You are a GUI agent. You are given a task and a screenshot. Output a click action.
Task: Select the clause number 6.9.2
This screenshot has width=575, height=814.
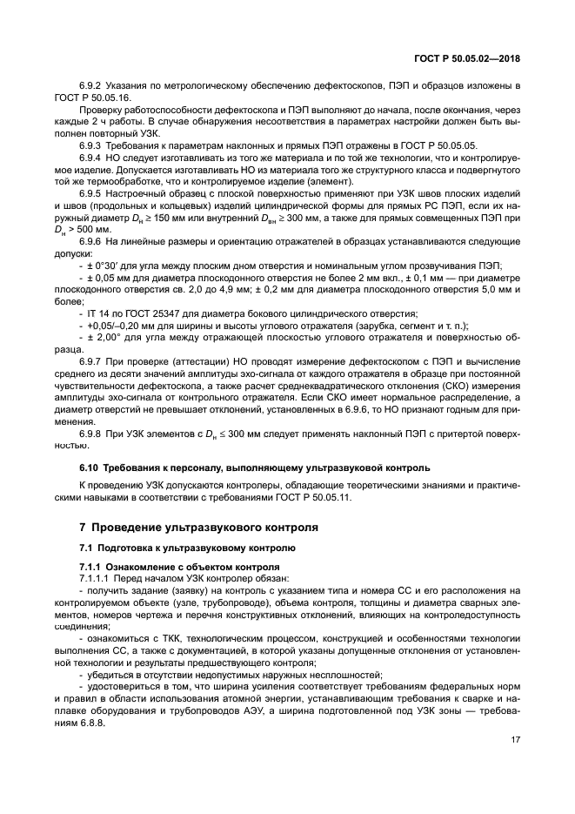pyautogui.click(x=90, y=86)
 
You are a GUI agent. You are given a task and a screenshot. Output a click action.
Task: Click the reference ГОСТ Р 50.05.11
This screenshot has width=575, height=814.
pyautogui.click(x=311, y=498)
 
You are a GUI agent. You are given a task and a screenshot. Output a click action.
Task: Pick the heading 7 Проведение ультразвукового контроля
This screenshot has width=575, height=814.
pyautogui.click(x=198, y=527)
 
